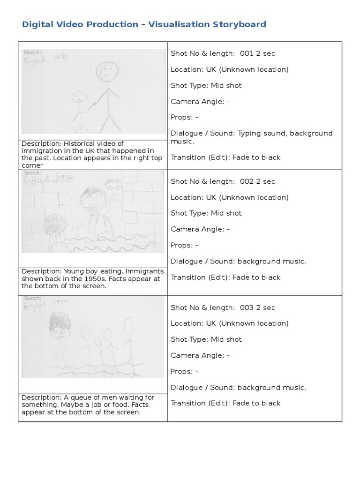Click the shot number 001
point(247,53)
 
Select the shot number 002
point(247,181)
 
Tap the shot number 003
point(247,307)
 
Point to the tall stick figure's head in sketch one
point(107,73)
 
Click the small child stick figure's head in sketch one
point(79,97)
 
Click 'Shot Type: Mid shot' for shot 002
point(206,213)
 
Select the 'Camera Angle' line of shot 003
point(200,355)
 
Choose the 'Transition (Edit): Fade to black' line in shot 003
point(225,403)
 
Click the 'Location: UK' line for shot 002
point(229,197)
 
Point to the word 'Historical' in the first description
point(80,144)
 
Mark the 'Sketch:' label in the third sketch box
point(32,298)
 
